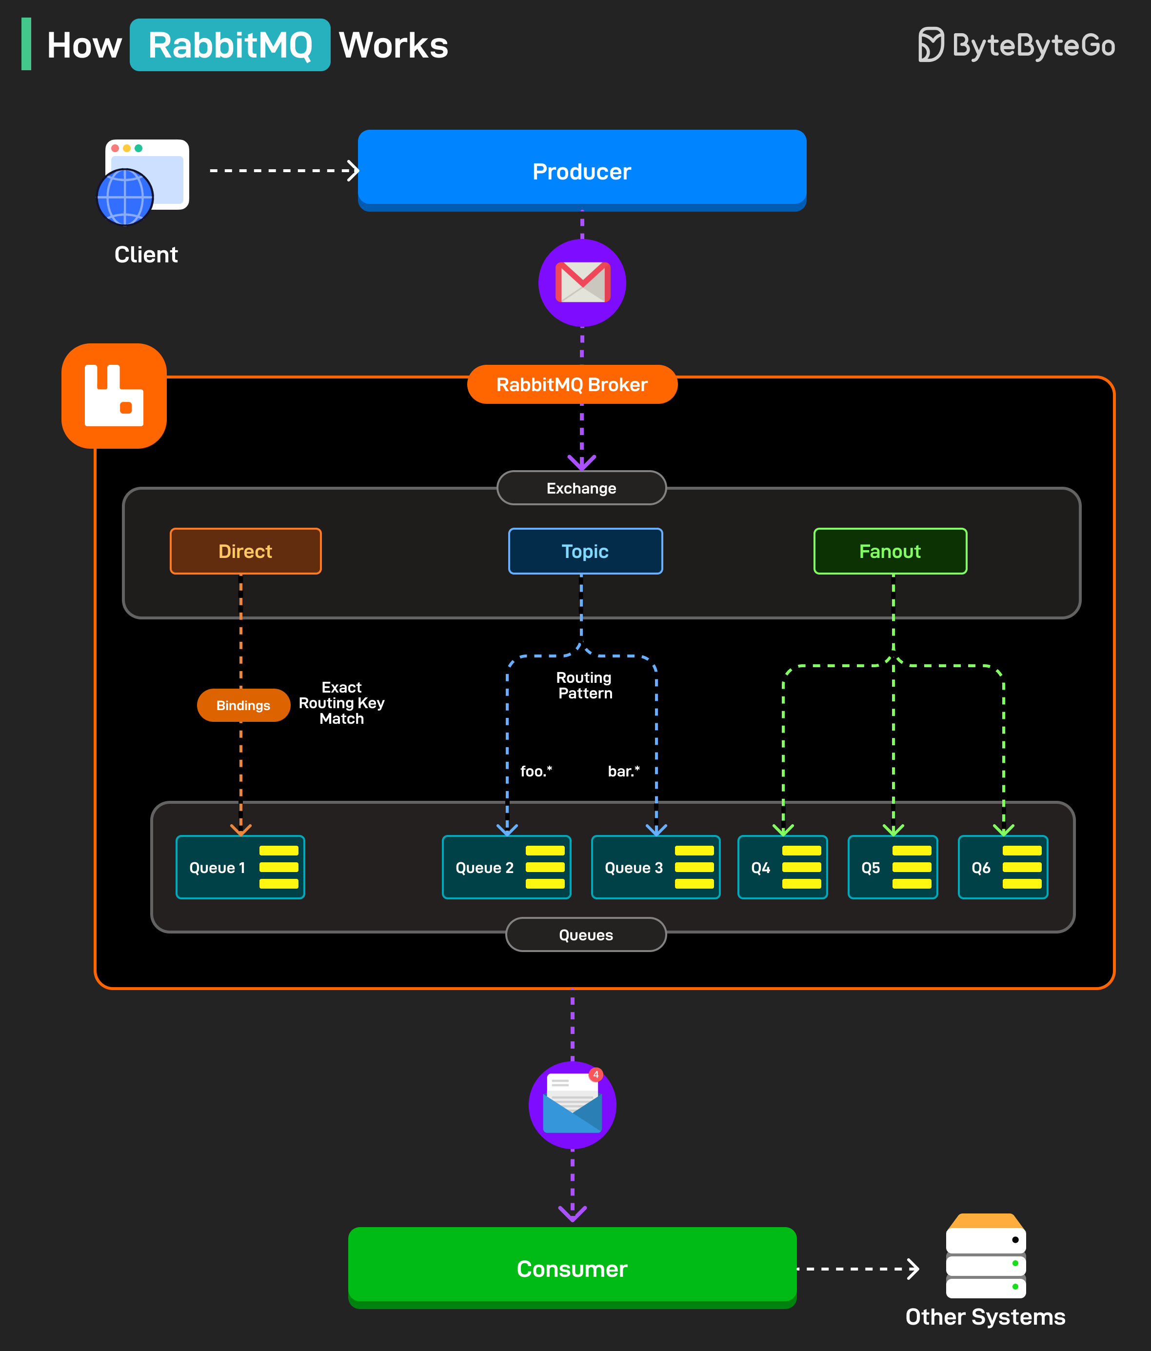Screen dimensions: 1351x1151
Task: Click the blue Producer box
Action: coord(582,170)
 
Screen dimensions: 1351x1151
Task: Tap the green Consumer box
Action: coord(572,1268)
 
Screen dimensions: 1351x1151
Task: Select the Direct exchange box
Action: coord(245,551)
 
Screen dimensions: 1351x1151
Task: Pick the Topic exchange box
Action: coord(585,551)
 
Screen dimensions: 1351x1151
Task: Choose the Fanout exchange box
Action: coord(890,551)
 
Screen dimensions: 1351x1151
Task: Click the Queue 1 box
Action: coord(240,867)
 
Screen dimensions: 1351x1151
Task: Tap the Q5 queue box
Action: coord(892,867)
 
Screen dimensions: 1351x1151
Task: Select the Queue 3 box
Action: coord(655,867)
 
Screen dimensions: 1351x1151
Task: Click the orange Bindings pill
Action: coord(243,705)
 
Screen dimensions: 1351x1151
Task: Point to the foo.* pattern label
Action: coord(536,772)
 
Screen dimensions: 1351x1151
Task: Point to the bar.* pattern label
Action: coord(623,772)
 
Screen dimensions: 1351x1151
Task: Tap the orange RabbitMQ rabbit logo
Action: coord(114,396)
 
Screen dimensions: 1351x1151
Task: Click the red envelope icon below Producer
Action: coord(582,282)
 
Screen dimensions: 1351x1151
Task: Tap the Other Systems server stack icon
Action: coord(985,1256)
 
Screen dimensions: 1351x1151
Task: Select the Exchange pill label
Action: coord(581,488)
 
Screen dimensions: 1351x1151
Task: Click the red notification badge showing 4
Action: coord(595,1074)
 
